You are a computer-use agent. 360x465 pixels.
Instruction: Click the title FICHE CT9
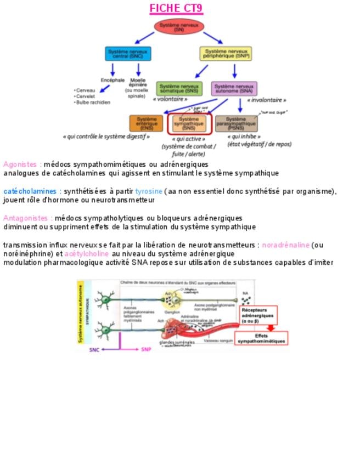(176, 9)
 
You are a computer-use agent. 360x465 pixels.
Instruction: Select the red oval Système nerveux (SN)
(179, 27)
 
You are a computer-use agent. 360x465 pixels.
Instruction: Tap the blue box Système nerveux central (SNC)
(127, 53)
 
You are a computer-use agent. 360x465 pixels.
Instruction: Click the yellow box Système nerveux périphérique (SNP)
(225, 53)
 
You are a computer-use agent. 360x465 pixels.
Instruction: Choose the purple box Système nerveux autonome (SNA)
(234, 89)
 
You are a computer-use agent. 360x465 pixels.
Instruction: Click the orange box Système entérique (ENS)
(146, 123)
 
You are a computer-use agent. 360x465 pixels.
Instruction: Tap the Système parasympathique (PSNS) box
(236, 123)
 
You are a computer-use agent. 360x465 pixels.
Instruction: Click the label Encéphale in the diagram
(113, 80)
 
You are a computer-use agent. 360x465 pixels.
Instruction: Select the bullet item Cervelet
(86, 96)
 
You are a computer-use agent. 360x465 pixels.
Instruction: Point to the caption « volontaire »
(170, 99)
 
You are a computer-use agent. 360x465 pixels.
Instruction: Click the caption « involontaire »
(267, 100)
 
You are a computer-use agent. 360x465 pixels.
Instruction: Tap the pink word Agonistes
(20, 164)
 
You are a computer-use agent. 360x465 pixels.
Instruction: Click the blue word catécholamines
(30, 191)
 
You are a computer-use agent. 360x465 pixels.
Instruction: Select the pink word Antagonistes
(26, 218)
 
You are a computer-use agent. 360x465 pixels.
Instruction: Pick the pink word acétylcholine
(87, 254)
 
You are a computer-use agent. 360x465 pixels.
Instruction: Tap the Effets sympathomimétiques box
(261, 338)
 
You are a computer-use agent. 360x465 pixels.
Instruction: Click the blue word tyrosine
(149, 191)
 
